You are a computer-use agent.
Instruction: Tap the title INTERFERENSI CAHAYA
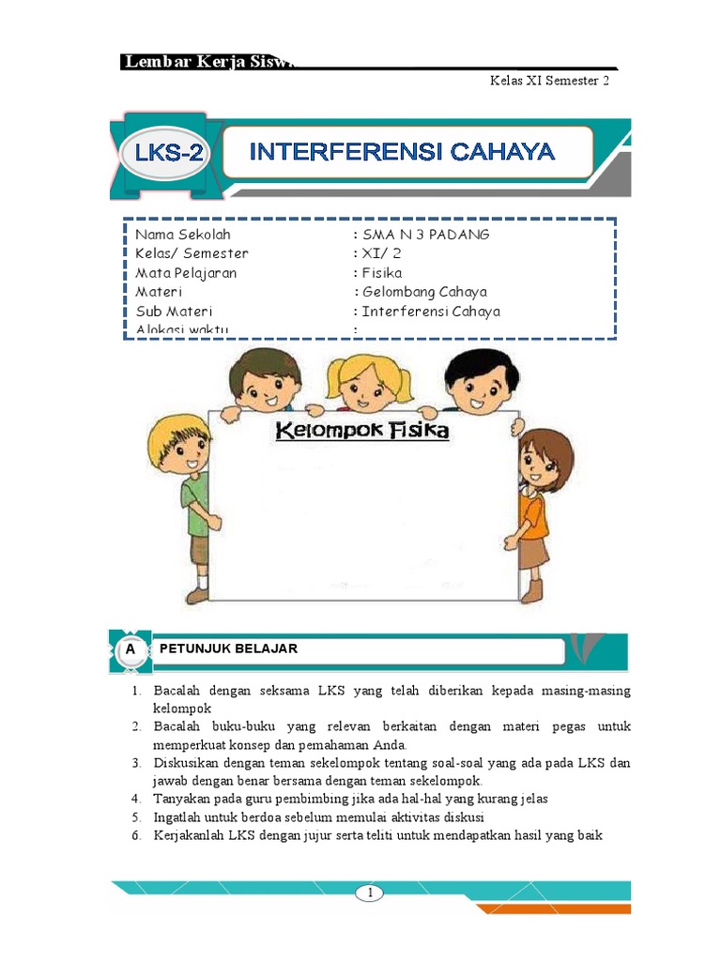402,151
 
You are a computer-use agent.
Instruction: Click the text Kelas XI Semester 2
549,82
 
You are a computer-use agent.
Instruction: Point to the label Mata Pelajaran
186,273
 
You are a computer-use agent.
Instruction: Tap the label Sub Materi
174,312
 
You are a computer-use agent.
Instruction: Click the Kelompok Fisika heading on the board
362,431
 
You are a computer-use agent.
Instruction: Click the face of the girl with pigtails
369,385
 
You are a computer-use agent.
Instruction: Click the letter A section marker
130,649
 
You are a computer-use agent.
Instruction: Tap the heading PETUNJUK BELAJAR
228,649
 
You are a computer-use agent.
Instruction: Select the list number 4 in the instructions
135,799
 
